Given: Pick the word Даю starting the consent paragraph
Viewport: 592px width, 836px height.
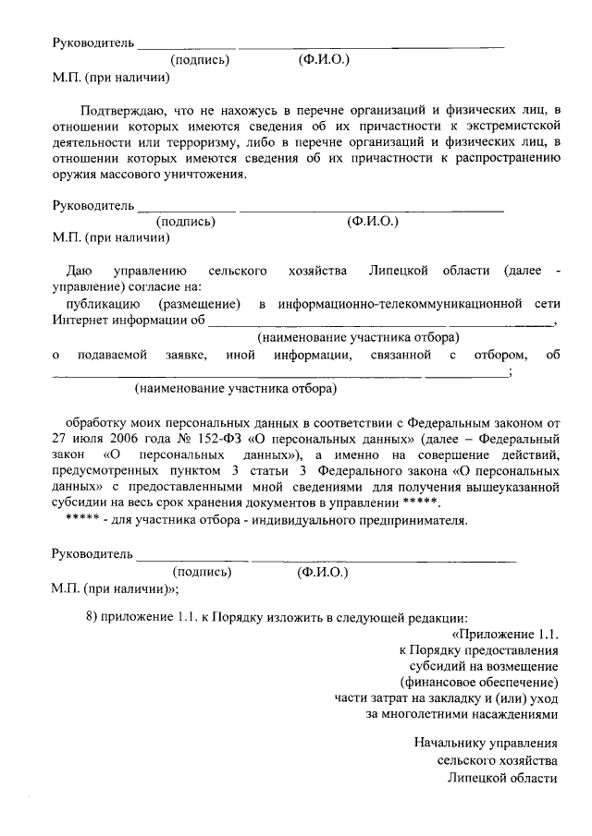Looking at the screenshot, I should tap(79, 271).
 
